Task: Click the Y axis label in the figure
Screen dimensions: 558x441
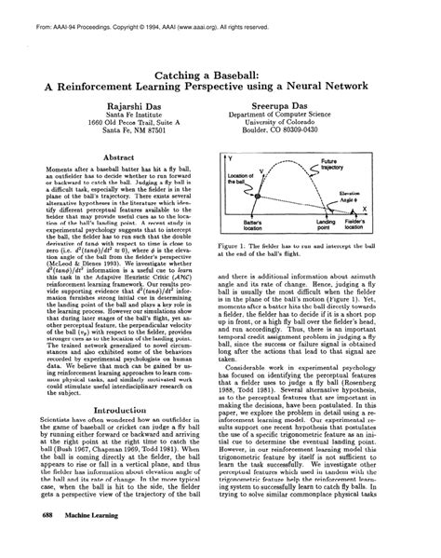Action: click(x=229, y=159)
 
